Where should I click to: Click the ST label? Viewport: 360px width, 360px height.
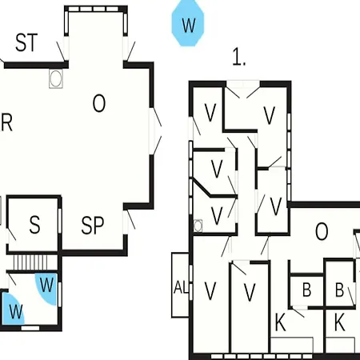tap(26, 42)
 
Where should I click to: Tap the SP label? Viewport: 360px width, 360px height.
tap(92, 226)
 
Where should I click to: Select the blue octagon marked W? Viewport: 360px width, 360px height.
tap(188, 23)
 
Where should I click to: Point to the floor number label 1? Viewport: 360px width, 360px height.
tap(238, 57)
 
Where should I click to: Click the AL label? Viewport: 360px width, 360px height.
tap(182, 287)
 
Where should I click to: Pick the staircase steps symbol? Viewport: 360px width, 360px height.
tap(30, 262)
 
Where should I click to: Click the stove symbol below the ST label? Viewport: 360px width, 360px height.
tap(56, 78)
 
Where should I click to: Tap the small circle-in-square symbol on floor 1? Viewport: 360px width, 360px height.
tap(198, 226)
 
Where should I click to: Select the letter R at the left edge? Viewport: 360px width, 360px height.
tap(6, 122)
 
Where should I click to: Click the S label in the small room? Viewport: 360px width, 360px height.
tap(34, 225)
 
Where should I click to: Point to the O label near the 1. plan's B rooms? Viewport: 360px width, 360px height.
tap(322, 231)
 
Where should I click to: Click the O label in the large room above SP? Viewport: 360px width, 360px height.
tap(99, 103)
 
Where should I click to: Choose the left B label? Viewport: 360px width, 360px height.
tap(306, 290)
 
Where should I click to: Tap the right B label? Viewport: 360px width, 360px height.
tap(339, 290)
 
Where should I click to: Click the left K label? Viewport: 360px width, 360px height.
tap(280, 322)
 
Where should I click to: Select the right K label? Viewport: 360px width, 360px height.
tap(339, 322)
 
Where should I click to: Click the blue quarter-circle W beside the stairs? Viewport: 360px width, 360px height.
tap(47, 286)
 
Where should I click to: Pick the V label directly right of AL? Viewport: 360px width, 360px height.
tap(210, 290)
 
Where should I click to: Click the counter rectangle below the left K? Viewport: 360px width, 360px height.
tap(292, 345)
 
